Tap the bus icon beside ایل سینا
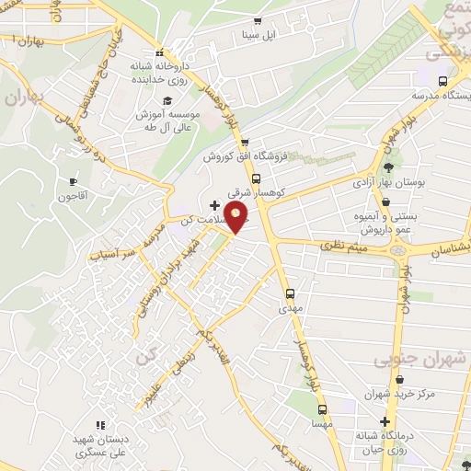click(x=257, y=21)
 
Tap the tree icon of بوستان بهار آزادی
click(x=389, y=168)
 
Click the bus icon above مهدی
click(x=290, y=293)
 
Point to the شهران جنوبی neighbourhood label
click(x=413, y=362)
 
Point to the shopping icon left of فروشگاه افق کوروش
click(x=245, y=142)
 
